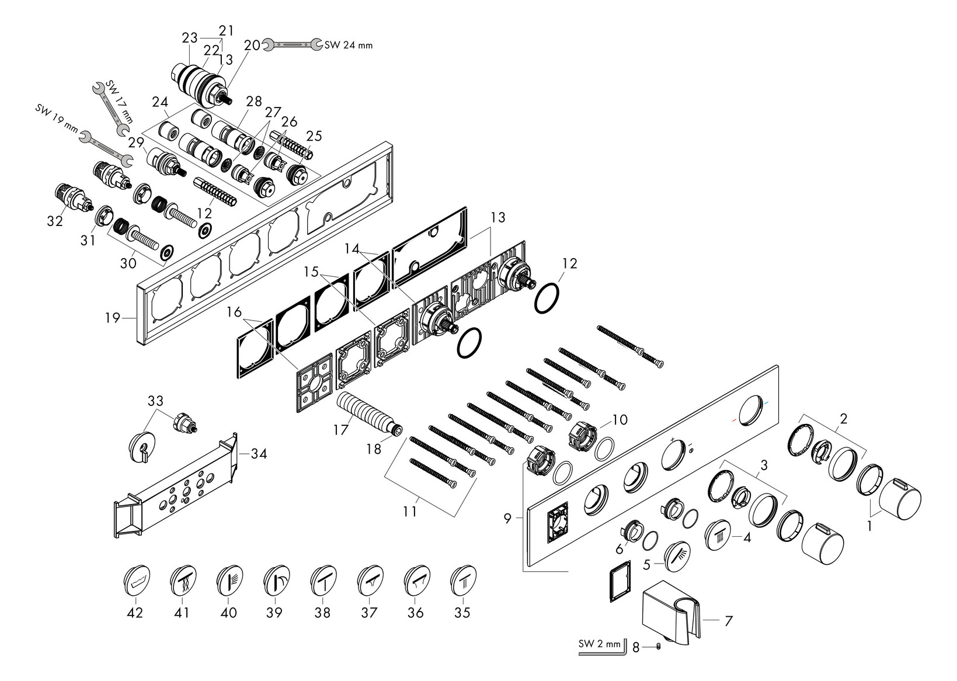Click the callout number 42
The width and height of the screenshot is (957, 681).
point(135,613)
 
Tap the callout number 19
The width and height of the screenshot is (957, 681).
point(113,318)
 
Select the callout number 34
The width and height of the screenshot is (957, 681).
point(259,453)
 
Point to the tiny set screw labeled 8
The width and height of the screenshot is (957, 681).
point(659,646)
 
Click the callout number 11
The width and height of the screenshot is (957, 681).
point(410,511)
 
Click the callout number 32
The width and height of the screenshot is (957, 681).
point(55,221)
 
